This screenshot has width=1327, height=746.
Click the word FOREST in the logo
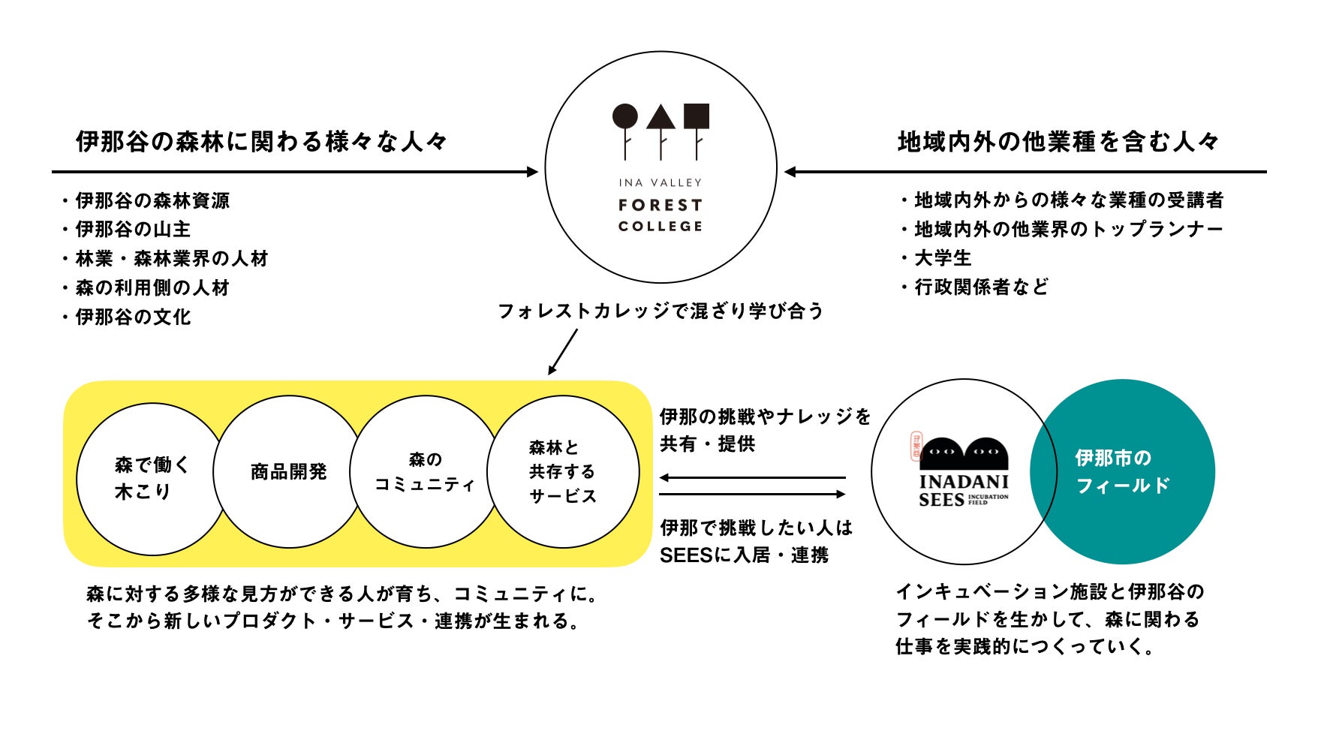pos(660,205)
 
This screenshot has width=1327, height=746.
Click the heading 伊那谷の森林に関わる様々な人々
pos(261,141)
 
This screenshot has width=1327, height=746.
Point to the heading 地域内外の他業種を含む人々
pos(1058,141)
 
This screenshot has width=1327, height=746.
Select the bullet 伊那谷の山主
pos(133,229)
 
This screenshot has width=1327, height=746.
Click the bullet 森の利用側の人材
pos(152,287)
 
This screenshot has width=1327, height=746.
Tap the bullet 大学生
pos(943,257)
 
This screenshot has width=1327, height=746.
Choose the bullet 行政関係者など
pos(981,287)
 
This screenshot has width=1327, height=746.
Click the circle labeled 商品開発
pos(289,472)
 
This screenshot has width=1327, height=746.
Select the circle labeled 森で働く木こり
pos(152,479)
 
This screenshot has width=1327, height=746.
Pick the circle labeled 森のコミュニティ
pos(425,472)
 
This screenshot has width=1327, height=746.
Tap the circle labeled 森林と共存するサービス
pos(563,472)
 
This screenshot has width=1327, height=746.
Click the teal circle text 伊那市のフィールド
pos(1122,471)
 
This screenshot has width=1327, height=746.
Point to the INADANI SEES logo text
pos(964,489)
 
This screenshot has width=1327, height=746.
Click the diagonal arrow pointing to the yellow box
pos(563,351)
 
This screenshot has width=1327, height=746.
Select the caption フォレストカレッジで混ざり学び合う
pos(660,311)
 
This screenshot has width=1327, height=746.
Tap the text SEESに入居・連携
pos(744,555)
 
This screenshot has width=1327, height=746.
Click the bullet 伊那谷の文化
pos(133,317)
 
